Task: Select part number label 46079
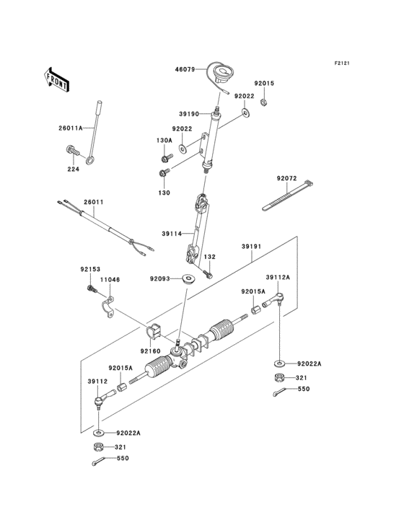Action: [x=185, y=70]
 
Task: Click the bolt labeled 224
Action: [x=73, y=152]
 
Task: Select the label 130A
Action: [x=164, y=140]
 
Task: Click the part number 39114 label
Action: [x=171, y=233]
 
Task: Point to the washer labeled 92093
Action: [x=190, y=279]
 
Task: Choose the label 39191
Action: [x=250, y=246]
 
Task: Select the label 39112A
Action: [x=278, y=276]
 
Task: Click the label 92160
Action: [x=149, y=351]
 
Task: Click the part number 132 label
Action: [x=209, y=258]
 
